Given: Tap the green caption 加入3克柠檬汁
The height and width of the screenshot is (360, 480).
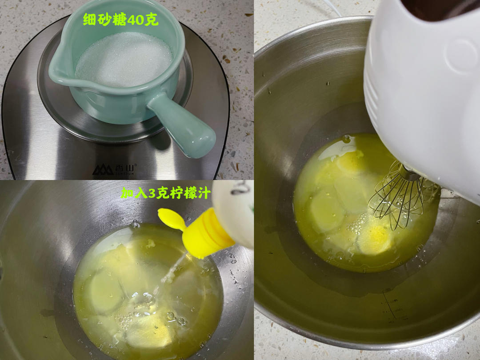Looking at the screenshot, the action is pos(166,193).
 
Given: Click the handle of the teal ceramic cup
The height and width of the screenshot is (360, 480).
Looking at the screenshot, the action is pos(182,125).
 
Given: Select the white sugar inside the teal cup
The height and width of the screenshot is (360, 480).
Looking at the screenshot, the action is pos(124,60).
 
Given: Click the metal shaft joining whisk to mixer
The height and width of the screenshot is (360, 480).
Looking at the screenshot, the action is pos(409,172).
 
